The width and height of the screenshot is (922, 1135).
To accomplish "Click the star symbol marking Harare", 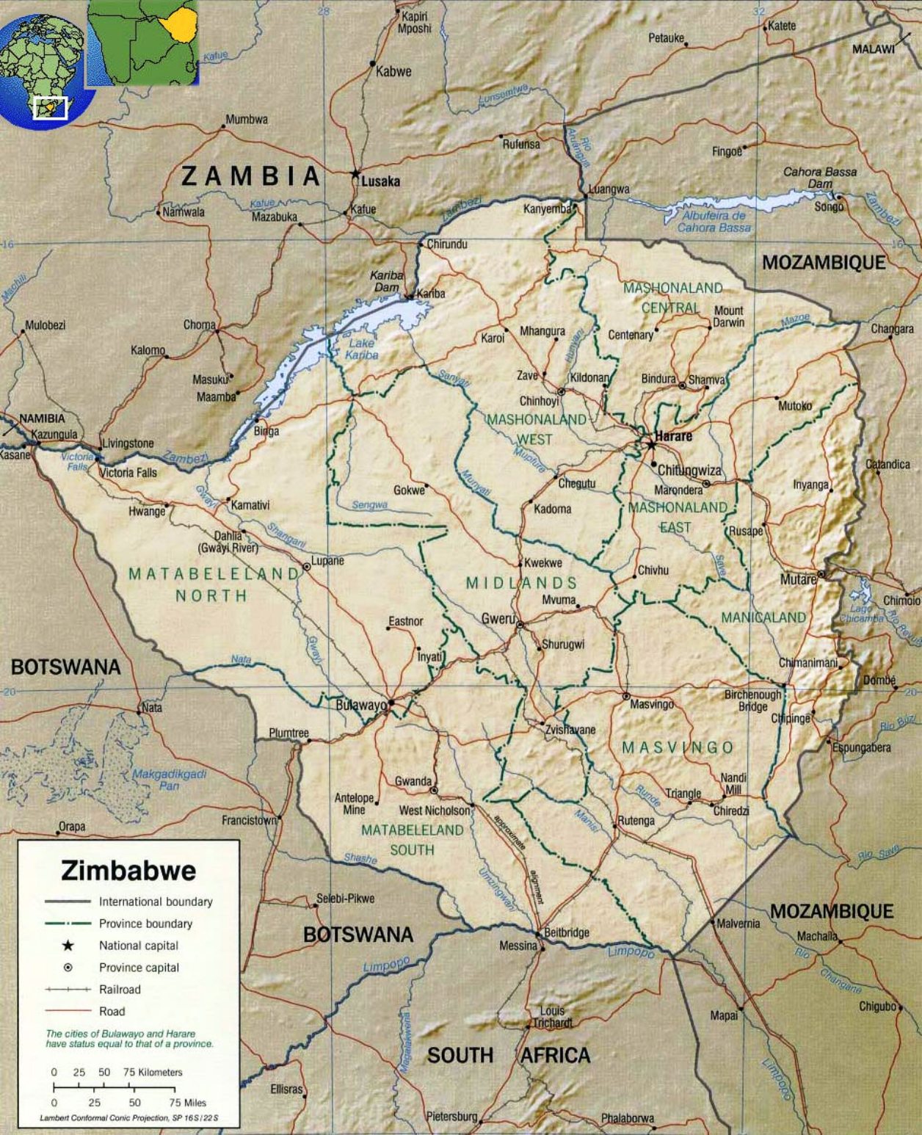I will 650,445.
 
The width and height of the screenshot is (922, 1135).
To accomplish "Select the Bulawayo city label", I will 360,706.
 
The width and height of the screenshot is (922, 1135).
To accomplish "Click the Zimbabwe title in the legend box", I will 128,871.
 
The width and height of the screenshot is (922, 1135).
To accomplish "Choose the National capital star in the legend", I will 68,946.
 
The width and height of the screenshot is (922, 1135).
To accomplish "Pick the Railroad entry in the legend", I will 120,990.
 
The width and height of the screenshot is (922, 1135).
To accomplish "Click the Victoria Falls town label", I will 128,472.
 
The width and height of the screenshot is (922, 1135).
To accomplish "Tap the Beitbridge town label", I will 567,932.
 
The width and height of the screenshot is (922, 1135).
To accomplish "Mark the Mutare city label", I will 798,579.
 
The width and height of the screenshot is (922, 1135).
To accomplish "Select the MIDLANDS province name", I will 521,583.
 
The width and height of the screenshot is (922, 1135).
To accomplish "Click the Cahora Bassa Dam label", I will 820,177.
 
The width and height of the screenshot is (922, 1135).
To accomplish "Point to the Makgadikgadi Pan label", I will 169,780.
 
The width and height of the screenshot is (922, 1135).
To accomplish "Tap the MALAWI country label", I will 873,49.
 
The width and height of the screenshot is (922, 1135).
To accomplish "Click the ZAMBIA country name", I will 251,176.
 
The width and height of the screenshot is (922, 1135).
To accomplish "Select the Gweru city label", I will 498,619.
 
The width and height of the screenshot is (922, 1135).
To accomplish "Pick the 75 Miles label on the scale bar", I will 187,1103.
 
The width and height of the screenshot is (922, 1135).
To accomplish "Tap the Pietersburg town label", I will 451,1116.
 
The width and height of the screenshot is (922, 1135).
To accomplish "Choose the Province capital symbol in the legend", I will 68,968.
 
